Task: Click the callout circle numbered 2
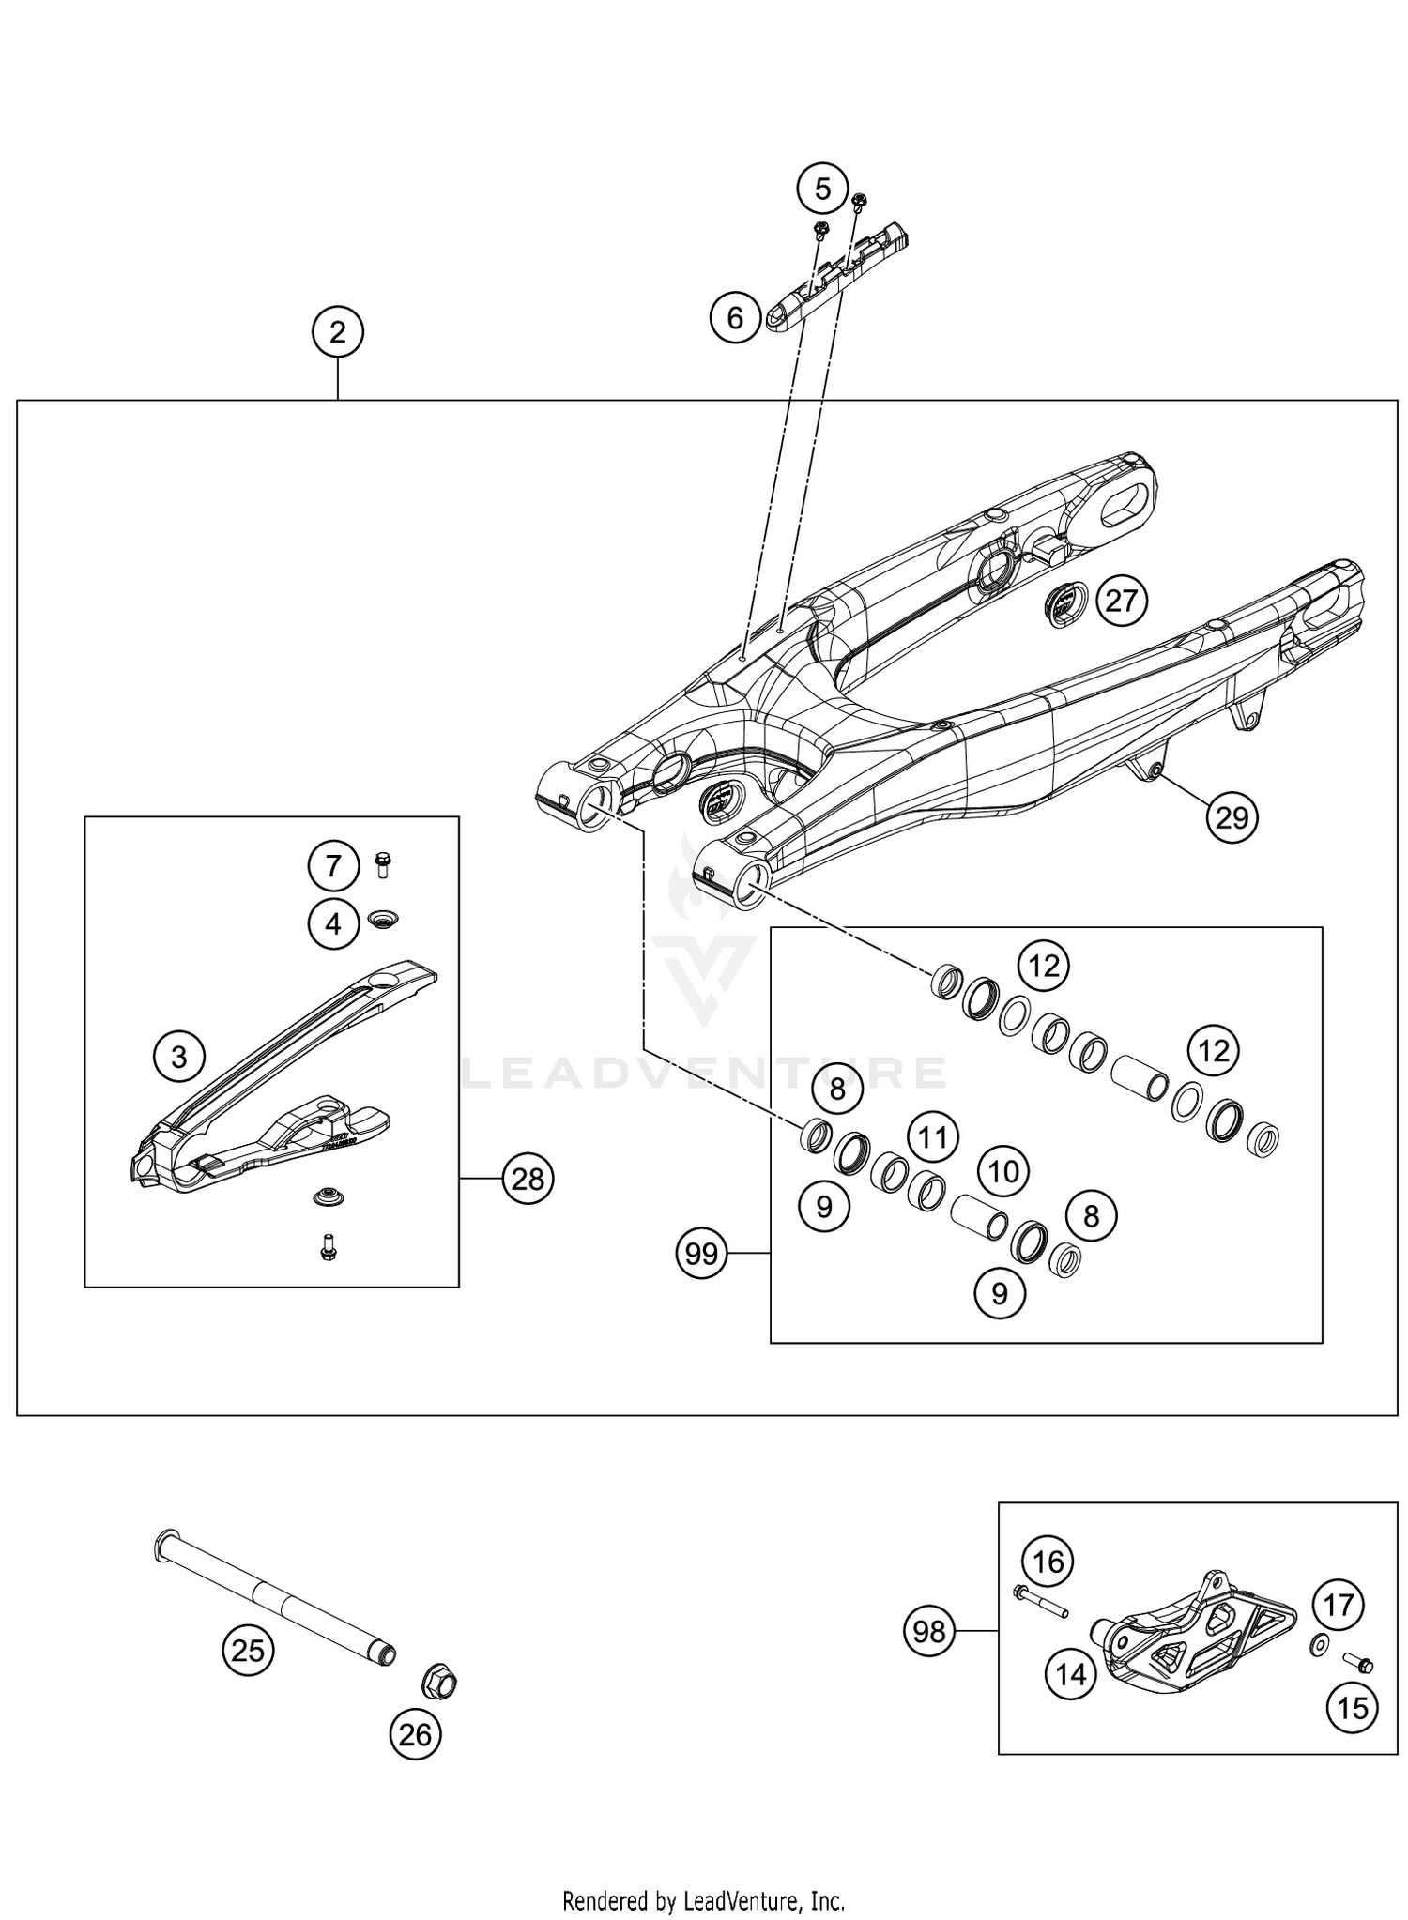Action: coord(338,332)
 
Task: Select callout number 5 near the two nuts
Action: coord(822,190)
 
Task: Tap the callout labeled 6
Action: coord(735,318)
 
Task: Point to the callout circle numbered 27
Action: coord(1121,601)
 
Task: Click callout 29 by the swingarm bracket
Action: coord(1232,818)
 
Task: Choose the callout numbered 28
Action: coord(528,1179)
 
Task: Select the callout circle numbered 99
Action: coord(702,1254)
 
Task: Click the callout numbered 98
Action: coord(929,1632)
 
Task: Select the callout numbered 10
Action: coord(1003,1171)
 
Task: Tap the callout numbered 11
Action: coord(932,1138)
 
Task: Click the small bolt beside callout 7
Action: coord(382,863)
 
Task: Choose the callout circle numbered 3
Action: coord(178,1058)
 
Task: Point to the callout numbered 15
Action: coord(1352,1707)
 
